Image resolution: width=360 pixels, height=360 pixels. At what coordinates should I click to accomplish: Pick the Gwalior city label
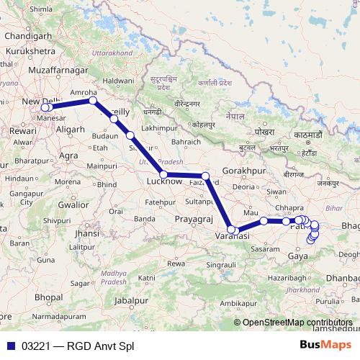click(74, 204)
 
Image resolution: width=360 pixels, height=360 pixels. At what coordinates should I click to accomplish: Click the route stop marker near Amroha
click(92, 101)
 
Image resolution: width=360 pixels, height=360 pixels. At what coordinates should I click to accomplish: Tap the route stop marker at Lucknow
click(163, 175)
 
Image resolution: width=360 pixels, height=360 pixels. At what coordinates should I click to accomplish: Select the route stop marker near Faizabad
click(205, 176)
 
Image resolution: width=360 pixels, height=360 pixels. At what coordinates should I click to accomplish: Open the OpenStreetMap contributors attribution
click(297, 323)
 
